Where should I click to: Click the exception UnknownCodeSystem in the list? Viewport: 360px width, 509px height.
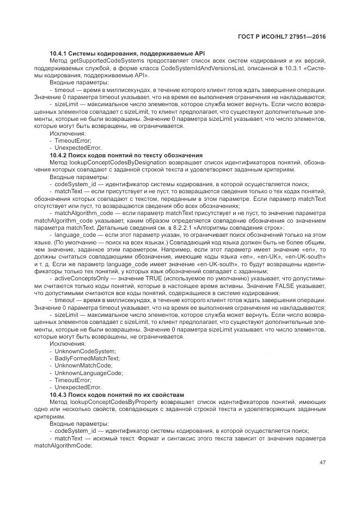77,352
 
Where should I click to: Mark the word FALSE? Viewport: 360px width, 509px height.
272,285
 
